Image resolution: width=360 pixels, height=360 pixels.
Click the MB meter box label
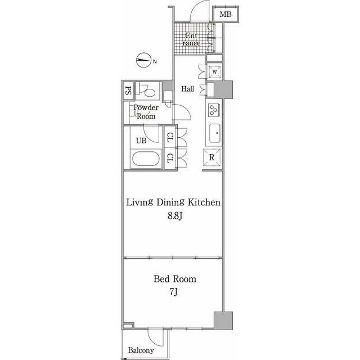226,15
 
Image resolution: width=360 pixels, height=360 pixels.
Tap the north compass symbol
144,60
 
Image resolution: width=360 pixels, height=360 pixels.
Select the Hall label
187,89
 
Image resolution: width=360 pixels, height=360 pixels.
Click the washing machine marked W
215,72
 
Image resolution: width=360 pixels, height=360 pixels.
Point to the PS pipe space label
128,90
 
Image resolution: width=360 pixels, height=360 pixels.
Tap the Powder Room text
146,112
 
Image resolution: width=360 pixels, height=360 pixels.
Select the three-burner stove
214,110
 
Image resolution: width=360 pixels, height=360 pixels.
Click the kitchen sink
215,133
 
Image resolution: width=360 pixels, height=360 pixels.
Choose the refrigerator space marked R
212,157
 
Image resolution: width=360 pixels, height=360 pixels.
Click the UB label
141,141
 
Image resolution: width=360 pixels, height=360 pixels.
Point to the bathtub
146,159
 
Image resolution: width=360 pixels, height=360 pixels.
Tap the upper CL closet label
170,137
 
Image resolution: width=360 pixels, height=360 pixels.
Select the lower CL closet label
170,158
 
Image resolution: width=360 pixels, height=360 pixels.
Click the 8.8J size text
175,216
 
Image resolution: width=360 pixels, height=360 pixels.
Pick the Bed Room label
175,279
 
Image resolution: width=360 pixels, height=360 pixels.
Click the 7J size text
174,292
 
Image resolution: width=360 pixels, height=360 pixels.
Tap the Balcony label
141,350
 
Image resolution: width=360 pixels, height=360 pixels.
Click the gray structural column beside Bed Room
223,321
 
